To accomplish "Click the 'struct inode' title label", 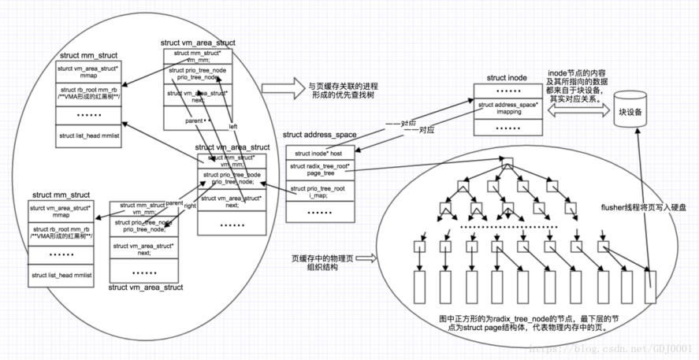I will click(507, 77).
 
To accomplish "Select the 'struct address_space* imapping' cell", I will click(507, 108).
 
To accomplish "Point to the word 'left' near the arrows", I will click(233, 125).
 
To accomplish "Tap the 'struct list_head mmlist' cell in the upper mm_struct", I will click(88, 135).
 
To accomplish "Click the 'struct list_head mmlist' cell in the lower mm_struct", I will click(60, 275).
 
